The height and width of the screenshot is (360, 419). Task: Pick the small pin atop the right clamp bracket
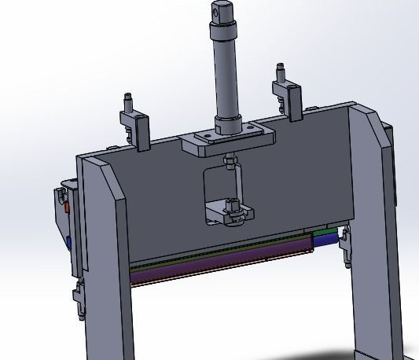(278, 71)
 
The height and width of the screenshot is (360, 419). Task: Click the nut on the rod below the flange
(229, 163)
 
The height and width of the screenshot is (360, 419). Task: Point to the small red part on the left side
(67, 208)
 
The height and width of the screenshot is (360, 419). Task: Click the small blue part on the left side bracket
(71, 241)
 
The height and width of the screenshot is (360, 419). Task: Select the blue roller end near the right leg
(342, 234)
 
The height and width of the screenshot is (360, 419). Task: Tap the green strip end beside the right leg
(324, 233)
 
